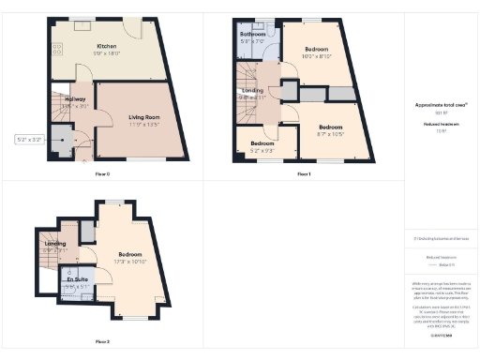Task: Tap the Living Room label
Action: tap(144, 119)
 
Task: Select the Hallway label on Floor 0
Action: tap(74, 101)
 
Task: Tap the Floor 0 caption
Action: tap(102, 174)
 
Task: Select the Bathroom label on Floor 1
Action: tap(252, 38)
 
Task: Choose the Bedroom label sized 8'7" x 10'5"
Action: tap(330, 130)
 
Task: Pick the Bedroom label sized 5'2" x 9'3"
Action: tap(262, 146)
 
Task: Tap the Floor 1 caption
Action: tap(304, 174)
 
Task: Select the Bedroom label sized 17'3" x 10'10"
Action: tap(129, 258)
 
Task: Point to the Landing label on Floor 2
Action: tap(55, 247)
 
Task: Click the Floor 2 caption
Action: tap(102, 341)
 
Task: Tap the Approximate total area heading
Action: tap(440, 108)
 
